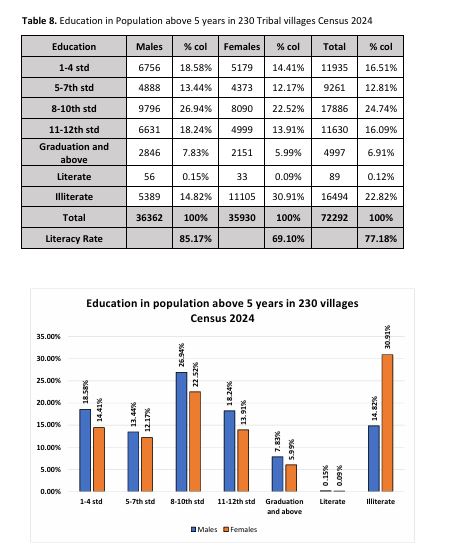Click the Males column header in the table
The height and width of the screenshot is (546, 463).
pos(149,46)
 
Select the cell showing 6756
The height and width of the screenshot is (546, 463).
pos(149,67)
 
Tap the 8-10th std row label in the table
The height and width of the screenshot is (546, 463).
pos(74,109)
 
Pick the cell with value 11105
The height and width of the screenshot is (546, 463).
pos(242,197)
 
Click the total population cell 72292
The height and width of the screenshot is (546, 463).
pos(334,218)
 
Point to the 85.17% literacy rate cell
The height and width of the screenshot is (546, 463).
pos(195,239)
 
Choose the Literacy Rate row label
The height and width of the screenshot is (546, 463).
pos(74,239)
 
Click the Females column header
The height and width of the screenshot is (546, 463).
pos(242,46)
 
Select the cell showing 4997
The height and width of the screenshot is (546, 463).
pos(334,153)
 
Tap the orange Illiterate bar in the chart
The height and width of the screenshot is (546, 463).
pos(387,423)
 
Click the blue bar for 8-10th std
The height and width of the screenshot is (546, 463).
pos(181,432)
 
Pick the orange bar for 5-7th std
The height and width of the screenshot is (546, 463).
pos(147,464)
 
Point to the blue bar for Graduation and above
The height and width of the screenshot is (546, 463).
pos(277,474)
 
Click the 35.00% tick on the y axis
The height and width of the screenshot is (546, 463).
pos(48,336)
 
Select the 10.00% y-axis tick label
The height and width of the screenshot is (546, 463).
pos(48,447)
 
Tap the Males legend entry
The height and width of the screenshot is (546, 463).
pos(204,530)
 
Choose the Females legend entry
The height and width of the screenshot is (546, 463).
pos(240,530)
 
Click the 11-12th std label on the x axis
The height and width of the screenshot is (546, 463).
pos(236,501)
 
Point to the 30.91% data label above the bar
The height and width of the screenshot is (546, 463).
pos(388,337)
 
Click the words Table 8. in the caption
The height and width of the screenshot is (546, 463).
pos(39,21)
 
